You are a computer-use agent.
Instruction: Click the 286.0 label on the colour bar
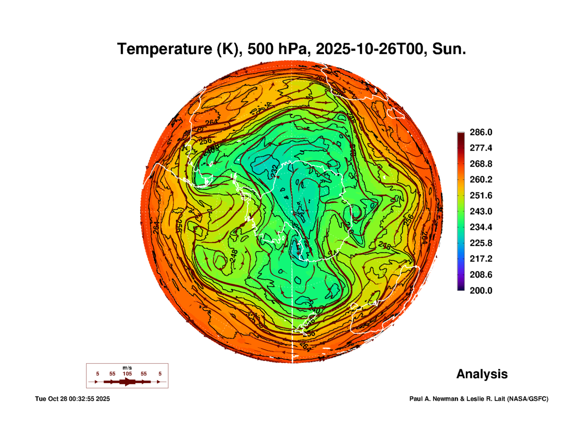pos(481,132)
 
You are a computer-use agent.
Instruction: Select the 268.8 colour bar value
pos(481,164)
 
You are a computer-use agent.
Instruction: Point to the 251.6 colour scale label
pos(481,195)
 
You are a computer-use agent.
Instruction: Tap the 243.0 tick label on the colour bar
pos(481,211)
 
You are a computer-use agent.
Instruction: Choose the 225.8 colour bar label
pos(481,243)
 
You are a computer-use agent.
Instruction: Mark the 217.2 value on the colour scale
pos(481,259)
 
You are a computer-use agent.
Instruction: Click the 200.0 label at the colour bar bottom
pos(481,291)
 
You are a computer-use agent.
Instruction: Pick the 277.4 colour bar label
pos(481,148)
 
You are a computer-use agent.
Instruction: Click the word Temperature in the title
pos(165,49)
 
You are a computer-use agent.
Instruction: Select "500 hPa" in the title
pos(277,49)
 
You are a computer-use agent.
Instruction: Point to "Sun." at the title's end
pos(449,49)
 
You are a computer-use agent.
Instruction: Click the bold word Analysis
pos(482,374)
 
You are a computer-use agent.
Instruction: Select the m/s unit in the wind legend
pos(127,368)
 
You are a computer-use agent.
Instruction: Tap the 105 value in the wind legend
pos(127,374)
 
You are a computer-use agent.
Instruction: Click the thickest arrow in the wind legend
pos(127,382)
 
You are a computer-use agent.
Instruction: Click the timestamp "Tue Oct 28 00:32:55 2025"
pos(72,399)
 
